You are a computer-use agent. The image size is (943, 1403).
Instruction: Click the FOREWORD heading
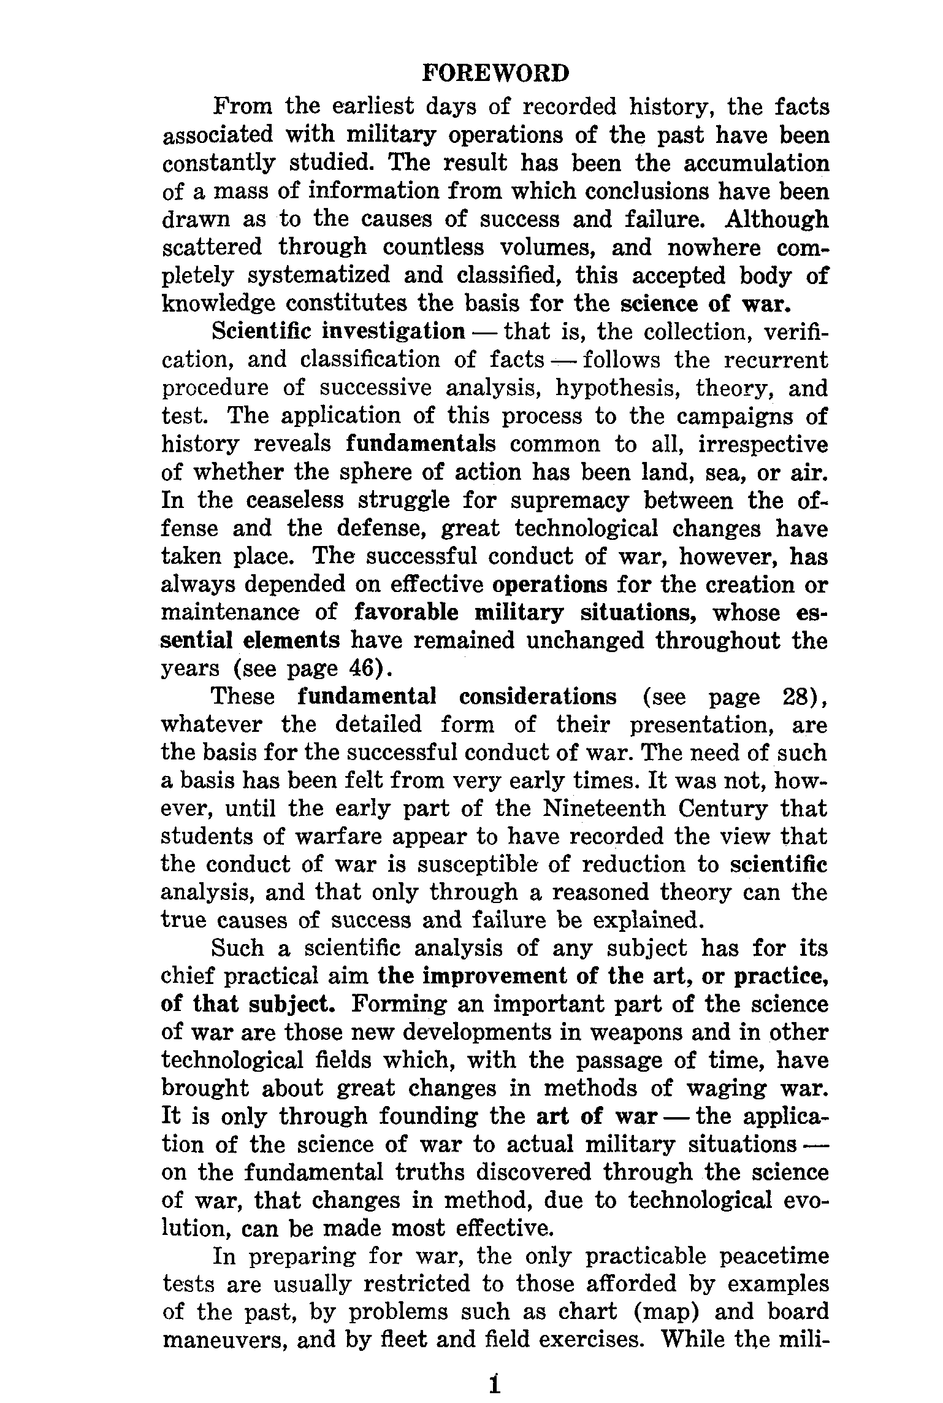495,74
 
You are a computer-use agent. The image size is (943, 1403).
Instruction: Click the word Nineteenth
604,809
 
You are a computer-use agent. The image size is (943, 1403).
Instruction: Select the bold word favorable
407,612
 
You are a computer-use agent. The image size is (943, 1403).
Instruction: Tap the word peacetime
774,1256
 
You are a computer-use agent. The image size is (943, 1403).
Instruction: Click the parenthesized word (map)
666,1312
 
